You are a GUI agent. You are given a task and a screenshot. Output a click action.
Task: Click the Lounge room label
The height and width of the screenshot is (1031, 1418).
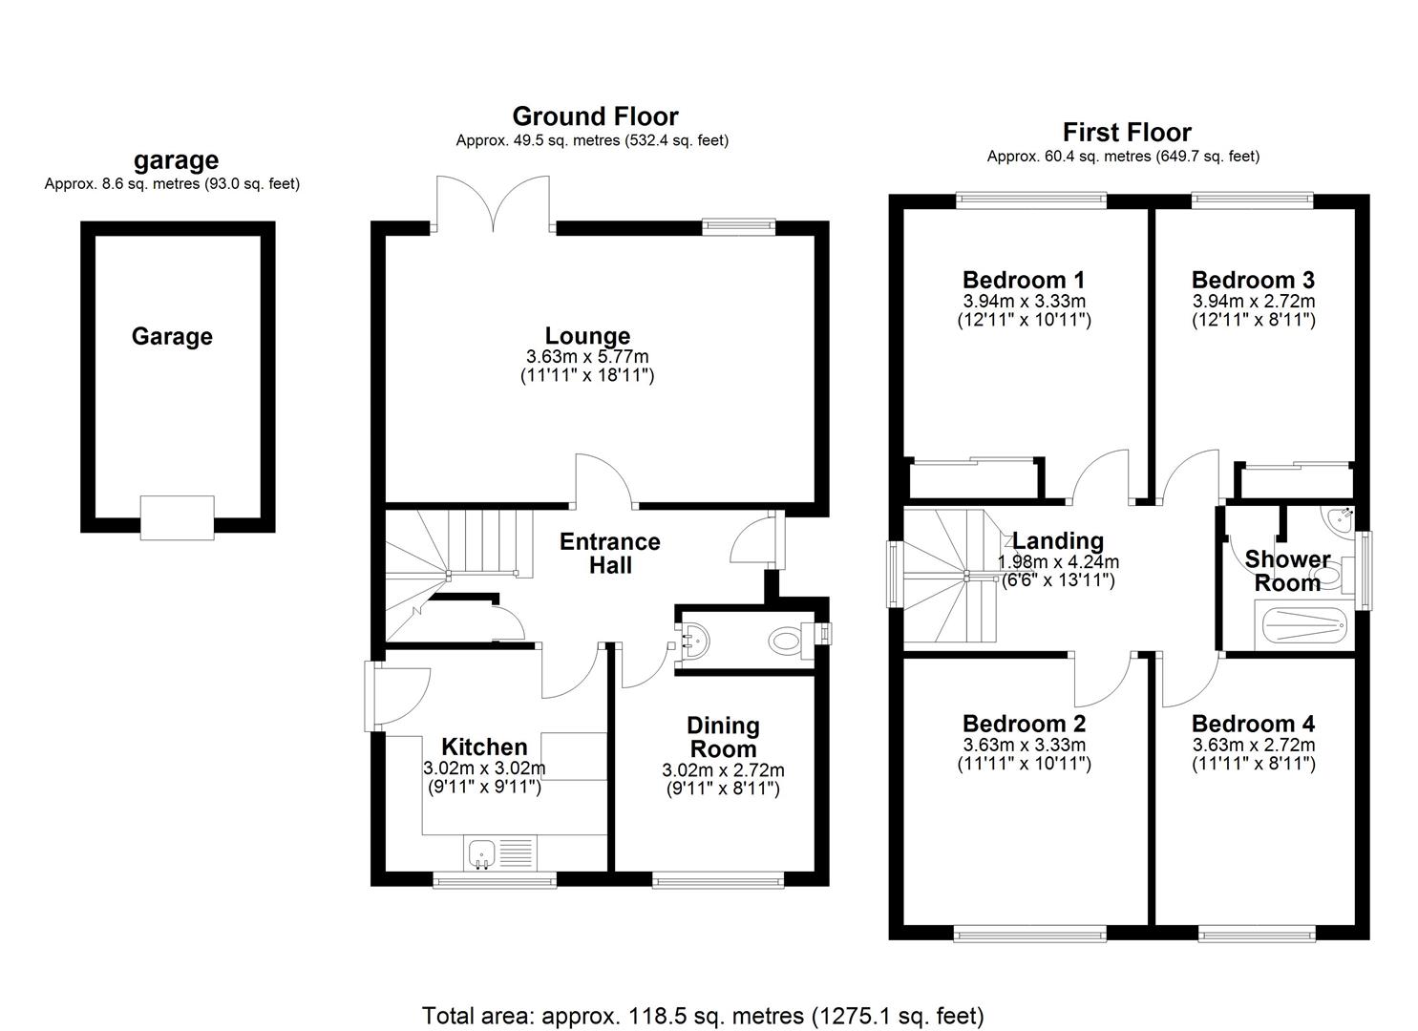click(587, 336)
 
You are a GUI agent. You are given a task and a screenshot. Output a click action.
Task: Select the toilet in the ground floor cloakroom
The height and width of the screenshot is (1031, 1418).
click(785, 641)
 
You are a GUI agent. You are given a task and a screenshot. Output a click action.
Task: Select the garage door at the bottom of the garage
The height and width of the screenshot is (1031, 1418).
click(177, 517)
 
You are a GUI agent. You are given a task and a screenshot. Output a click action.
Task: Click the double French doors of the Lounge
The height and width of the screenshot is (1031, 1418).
click(493, 204)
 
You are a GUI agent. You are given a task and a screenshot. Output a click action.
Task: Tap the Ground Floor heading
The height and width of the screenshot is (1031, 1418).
click(595, 116)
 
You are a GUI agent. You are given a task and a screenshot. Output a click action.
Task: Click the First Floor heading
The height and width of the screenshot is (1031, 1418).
click(1127, 133)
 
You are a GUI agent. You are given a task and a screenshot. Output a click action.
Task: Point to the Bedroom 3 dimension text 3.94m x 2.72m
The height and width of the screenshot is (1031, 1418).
click(1253, 302)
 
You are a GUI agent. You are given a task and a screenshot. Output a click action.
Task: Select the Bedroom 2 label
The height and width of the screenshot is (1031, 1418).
click(1024, 725)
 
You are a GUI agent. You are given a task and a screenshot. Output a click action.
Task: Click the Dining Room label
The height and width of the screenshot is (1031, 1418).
click(724, 738)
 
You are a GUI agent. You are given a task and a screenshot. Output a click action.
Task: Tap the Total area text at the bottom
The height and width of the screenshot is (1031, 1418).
click(703, 1016)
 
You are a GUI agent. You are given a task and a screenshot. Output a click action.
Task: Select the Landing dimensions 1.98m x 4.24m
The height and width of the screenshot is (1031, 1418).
click(1058, 562)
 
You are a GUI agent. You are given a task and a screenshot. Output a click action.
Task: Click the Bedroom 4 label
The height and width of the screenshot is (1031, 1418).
click(1253, 725)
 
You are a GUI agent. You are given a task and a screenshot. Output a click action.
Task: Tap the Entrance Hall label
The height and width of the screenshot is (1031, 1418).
click(609, 554)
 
